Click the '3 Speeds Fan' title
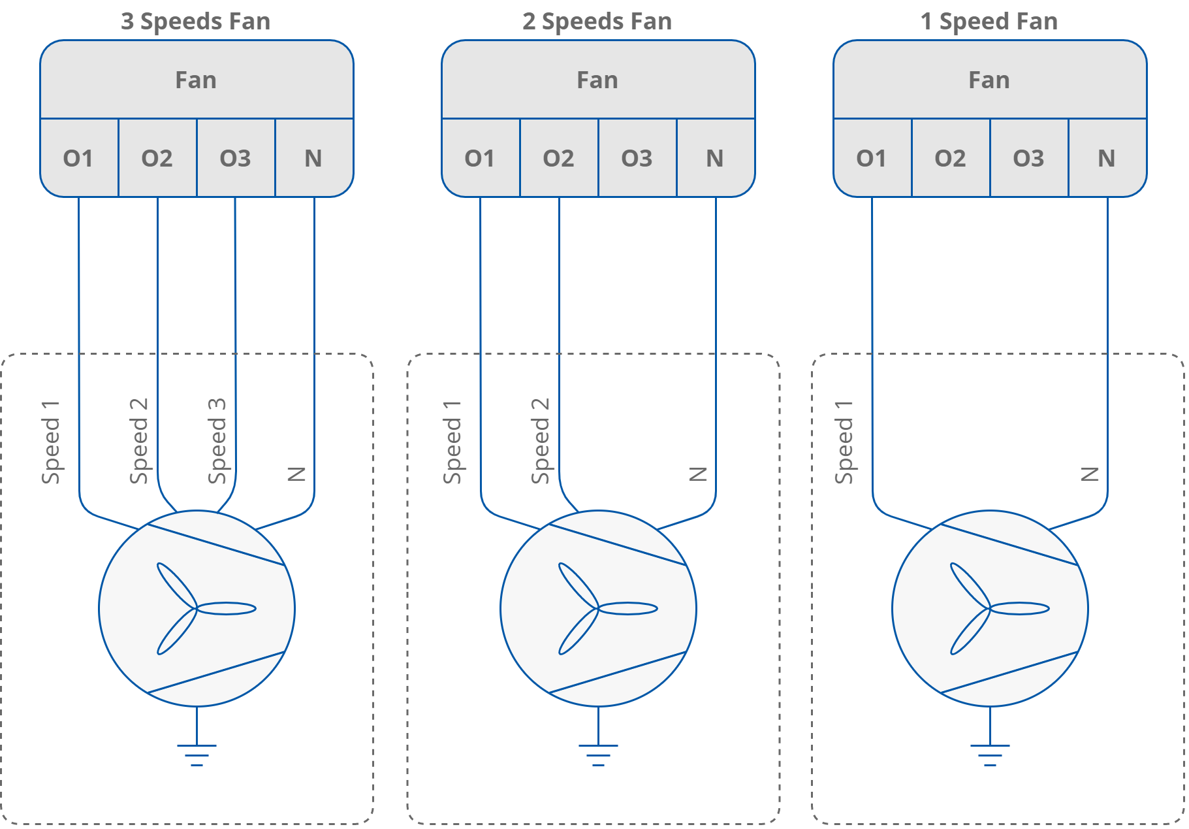[195, 22]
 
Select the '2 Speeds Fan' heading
[597, 22]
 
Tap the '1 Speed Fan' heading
[989, 22]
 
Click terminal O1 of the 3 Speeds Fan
[78, 158]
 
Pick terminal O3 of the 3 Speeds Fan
[235, 158]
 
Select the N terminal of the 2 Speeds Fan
[715, 158]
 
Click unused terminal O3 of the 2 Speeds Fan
[637, 158]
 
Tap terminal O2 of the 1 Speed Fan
[950, 158]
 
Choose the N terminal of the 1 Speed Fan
[1107, 158]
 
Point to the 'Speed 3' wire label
[217, 441]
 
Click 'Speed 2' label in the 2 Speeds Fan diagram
[540, 441]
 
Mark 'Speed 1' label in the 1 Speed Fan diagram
[844, 442]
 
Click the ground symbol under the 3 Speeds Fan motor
[197, 754]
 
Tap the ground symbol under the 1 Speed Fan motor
[990, 754]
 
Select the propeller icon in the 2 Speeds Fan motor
[601, 609]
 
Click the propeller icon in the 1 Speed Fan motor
[992, 609]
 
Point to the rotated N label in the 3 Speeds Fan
[296, 474]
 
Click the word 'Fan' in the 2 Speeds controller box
[597, 80]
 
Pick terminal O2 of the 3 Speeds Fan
[157, 158]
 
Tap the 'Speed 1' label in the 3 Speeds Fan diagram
[50, 442]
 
